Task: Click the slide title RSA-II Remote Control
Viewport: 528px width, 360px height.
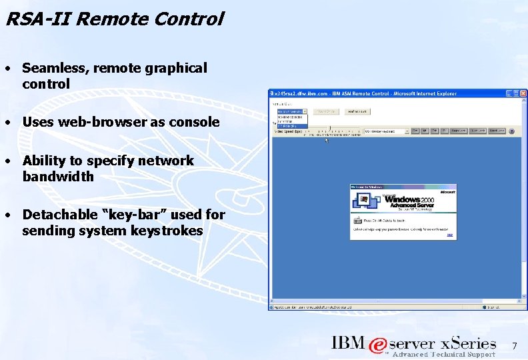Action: [x=114, y=19]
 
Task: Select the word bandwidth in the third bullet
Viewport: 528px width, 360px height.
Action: [x=58, y=177]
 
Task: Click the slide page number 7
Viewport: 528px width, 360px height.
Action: [x=514, y=346]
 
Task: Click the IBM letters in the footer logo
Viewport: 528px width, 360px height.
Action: [x=349, y=343]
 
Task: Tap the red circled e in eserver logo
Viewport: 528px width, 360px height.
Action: [x=378, y=345]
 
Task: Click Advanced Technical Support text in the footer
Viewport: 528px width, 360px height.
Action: [x=444, y=355]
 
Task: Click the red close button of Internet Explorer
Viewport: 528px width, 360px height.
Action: [x=523, y=93]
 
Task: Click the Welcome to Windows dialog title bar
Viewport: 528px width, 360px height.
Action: [x=403, y=188]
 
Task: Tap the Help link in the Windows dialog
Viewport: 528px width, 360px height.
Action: [x=450, y=235]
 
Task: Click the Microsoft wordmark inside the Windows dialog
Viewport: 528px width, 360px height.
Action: [x=447, y=192]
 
